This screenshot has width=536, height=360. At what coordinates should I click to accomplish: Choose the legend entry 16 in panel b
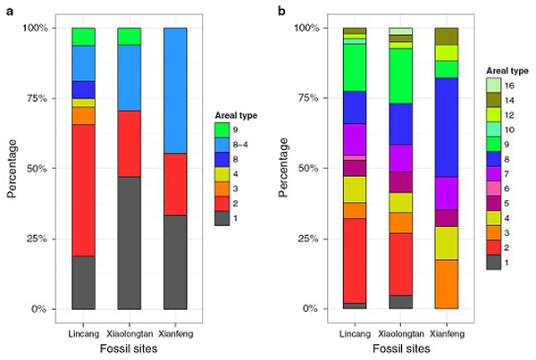click(x=492, y=84)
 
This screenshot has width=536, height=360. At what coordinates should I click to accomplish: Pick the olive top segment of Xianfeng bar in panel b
click(x=447, y=36)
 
